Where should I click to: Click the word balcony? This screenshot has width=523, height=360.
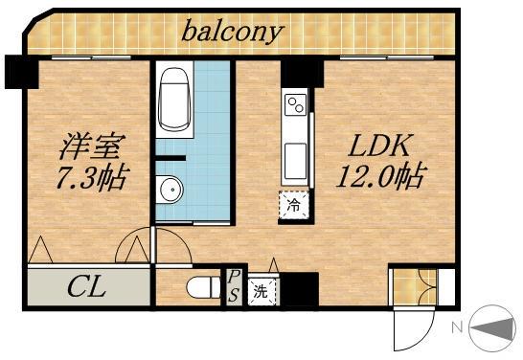pos(234,32)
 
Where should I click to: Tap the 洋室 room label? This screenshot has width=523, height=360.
pos(91,147)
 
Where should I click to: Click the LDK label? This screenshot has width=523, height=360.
pos(378,146)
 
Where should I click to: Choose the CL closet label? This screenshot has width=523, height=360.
pos(87,286)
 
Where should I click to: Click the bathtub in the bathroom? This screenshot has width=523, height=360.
pos(176,98)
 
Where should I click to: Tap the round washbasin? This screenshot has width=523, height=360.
pos(171,190)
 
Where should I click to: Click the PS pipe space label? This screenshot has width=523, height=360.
pos(233,285)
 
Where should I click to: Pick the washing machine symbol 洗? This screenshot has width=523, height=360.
pos(260,291)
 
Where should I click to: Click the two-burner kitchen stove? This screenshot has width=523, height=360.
pos(294,104)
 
